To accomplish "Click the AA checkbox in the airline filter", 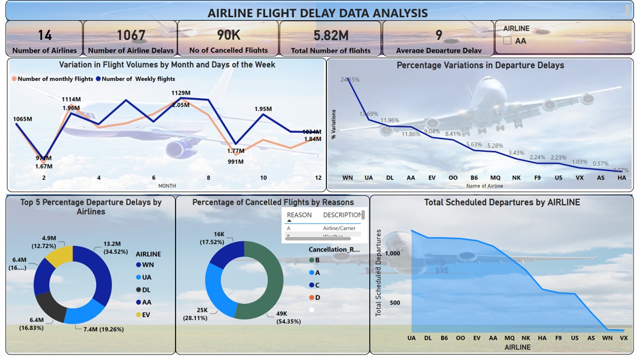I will point(507,41).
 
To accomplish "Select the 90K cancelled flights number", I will point(228,35).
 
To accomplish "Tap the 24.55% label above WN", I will point(350,79).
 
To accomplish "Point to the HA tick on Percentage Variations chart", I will point(621,178).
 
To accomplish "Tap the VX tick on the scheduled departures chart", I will point(623,338).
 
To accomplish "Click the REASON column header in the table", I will point(299,215).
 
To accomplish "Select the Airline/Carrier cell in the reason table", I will point(339,228).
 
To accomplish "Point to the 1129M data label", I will point(180,93).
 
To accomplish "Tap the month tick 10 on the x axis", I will point(263,178).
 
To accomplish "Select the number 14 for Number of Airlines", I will point(44,35).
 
